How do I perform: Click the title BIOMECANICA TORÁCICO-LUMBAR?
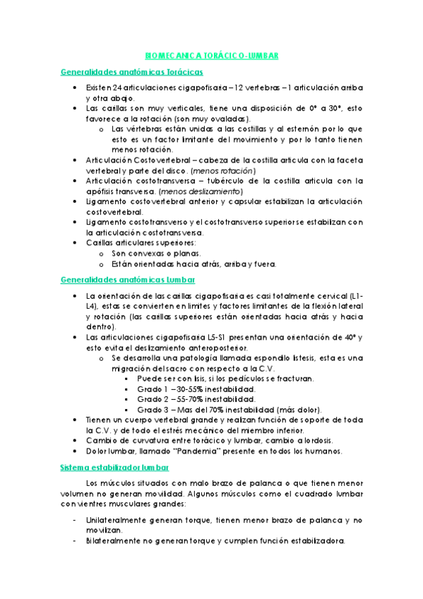(211, 55)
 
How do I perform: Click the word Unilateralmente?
(118, 520)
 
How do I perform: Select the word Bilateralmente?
(115, 541)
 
